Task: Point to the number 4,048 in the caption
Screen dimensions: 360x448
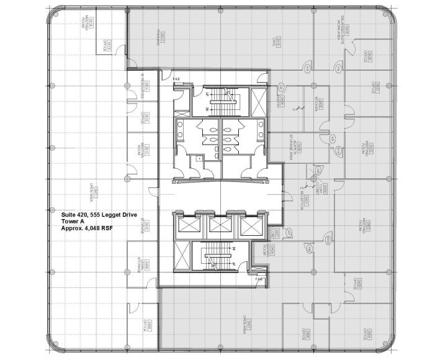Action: click(x=98, y=228)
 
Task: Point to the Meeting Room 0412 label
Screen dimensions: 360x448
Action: click(x=142, y=149)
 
